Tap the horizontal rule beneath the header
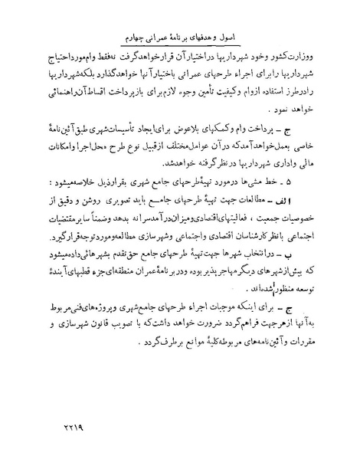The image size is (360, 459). pyautogui.click(x=181, y=50)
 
